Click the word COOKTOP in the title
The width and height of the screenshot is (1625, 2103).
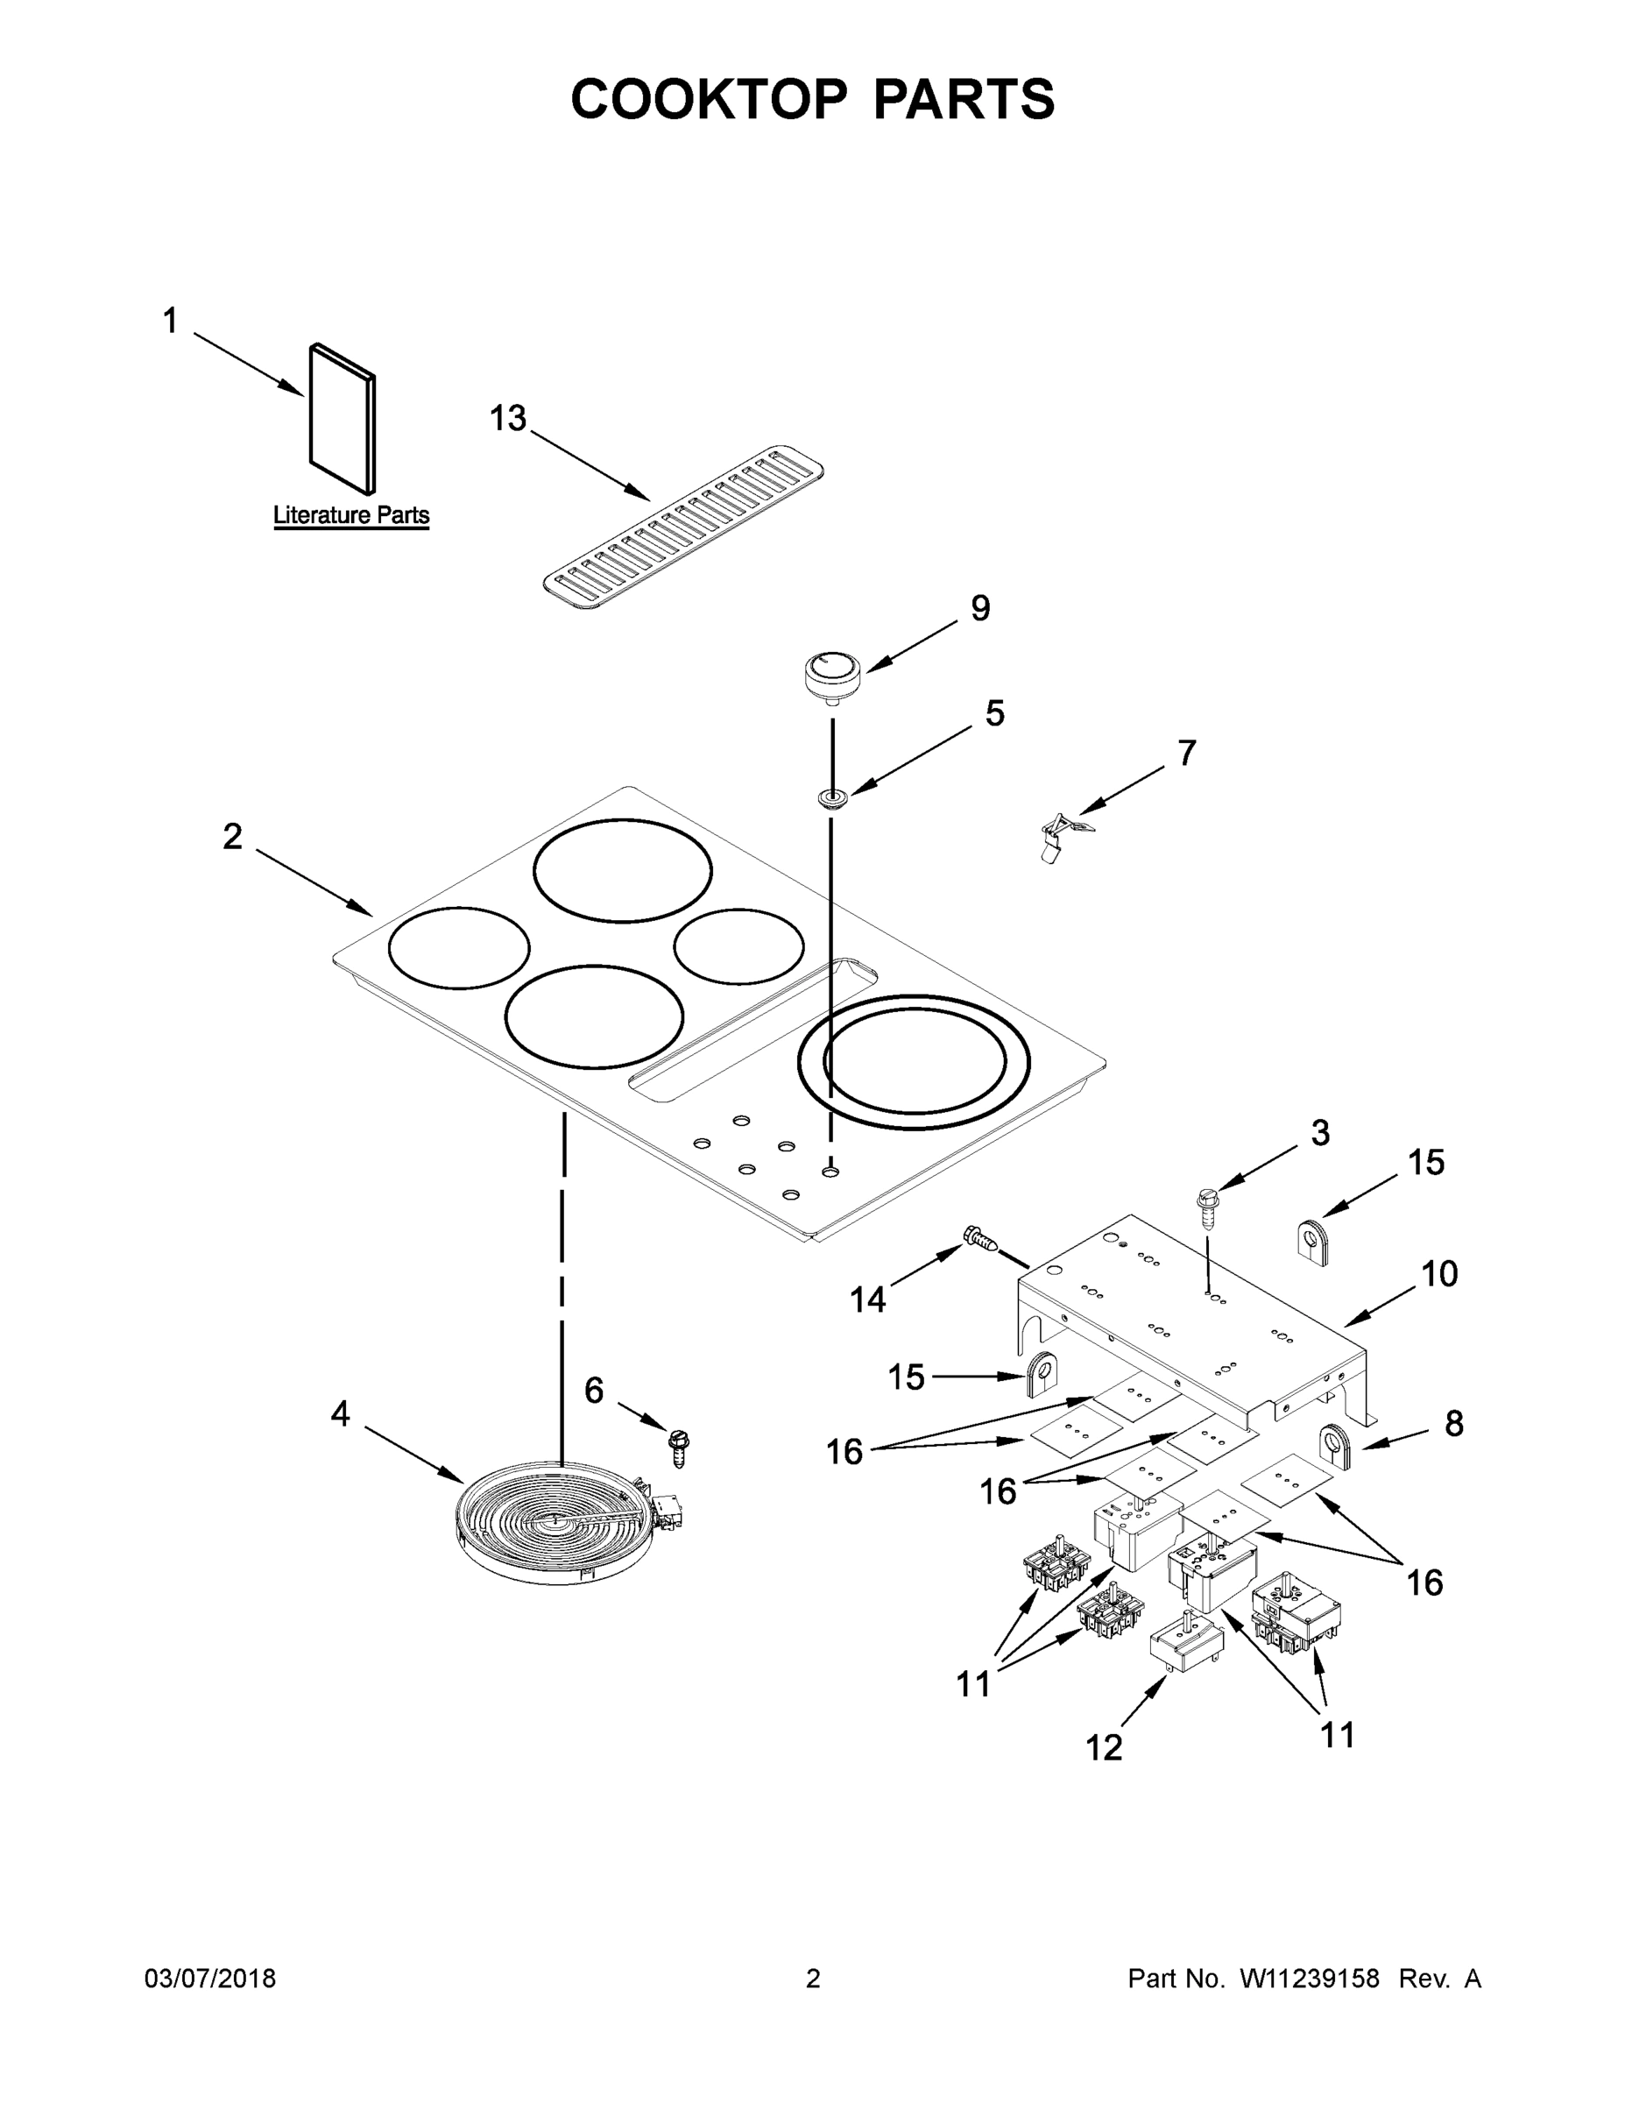[x=710, y=99]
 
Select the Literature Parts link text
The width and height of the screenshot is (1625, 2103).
[x=350, y=515]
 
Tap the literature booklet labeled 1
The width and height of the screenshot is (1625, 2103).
[x=342, y=419]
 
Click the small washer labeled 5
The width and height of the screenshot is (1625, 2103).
[x=831, y=797]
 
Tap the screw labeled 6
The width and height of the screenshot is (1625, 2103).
[x=679, y=1448]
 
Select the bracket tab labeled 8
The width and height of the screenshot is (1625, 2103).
[x=1335, y=1448]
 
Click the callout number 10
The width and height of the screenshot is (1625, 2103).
[x=1439, y=1274]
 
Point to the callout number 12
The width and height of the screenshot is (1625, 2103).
[x=1103, y=1748]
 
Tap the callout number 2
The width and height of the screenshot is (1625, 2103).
[x=232, y=837]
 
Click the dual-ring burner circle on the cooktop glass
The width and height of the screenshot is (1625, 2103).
[x=914, y=1062]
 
